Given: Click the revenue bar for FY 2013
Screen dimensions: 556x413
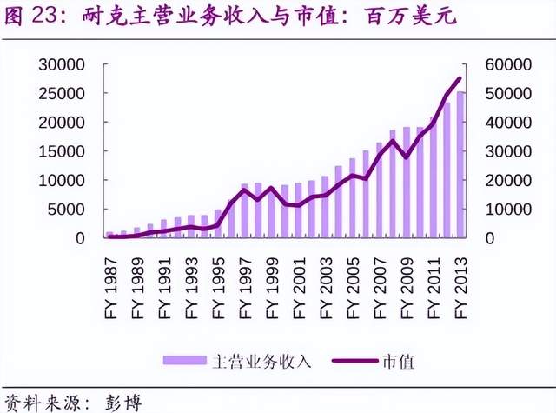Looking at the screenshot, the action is click(x=460, y=164).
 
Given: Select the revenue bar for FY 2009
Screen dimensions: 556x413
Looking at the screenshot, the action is click(x=407, y=183).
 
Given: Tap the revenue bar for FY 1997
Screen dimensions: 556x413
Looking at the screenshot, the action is click(x=245, y=210).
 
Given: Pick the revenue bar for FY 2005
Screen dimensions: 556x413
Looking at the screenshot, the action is click(x=353, y=198).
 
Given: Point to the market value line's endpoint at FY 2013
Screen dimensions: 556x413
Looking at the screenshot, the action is click(x=460, y=78).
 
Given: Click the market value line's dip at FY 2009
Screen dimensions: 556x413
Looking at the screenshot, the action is click(x=407, y=157).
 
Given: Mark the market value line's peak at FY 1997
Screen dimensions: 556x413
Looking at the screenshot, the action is click(x=244, y=190).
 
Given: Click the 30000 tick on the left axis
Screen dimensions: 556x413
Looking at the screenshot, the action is click(x=62, y=64).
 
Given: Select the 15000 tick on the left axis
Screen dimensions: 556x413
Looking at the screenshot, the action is click(x=62, y=151).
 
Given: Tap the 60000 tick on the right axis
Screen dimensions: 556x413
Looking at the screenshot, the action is click(x=508, y=64).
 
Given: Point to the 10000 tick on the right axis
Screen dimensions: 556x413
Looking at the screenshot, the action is click(x=508, y=210).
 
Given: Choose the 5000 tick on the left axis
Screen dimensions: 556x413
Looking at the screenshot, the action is click(x=66, y=210).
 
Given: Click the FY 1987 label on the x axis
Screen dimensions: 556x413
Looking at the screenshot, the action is click(x=111, y=288).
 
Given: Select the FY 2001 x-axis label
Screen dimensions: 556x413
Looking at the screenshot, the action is click(x=300, y=288).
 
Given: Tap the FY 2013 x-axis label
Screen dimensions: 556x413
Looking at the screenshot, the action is click(x=461, y=288).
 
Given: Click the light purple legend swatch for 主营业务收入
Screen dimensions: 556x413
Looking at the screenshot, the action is click(x=185, y=361).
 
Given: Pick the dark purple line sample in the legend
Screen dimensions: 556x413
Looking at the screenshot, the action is click(x=355, y=361).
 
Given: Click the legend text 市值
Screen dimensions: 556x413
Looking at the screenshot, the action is click(x=399, y=362).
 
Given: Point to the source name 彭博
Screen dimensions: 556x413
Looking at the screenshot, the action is click(x=123, y=403).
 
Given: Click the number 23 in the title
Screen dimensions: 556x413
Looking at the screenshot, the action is click(x=44, y=16).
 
